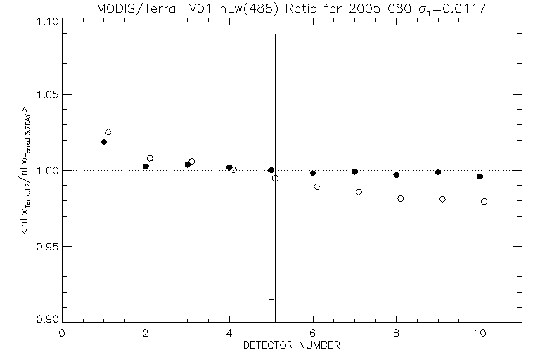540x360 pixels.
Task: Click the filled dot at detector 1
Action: (x=104, y=142)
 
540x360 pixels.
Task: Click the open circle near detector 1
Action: (x=108, y=132)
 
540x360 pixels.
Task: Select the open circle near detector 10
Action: (x=484, y=201)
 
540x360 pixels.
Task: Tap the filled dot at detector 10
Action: (x=480, y=176)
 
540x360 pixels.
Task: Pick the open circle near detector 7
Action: (x=359, y=192)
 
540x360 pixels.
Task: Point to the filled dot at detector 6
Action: (x=313, y=173)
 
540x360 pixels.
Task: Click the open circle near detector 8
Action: (x=401, y=199)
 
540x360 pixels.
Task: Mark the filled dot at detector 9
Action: (x=438, y=172)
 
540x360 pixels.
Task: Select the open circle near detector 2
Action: (x=150, y=158)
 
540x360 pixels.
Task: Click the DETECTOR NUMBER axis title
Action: (x=292, y=345)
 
